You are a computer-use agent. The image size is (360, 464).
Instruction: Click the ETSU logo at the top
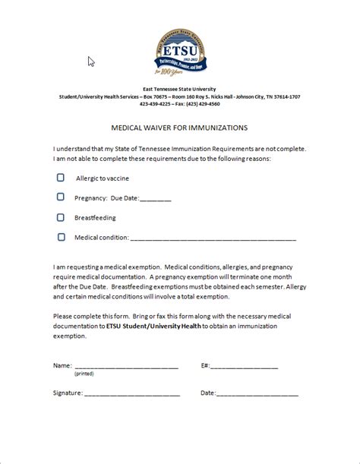(179, 50)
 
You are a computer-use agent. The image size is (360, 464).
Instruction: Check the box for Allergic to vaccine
(61, 178)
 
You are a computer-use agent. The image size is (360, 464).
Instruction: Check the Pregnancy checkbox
(61, 197)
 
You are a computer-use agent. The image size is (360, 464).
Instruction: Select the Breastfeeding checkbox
(61, 217)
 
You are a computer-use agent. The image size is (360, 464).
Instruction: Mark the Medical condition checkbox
(61, 237)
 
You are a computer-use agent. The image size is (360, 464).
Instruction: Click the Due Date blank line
(156, 199)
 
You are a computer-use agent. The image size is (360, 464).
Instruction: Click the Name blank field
(127, 367)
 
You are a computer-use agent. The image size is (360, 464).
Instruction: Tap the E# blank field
(245, 367)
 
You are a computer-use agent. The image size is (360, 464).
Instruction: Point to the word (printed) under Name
(84, 374)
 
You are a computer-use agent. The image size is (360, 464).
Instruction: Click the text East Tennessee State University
(180, 90)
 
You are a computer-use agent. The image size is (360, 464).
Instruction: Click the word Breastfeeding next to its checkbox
(95, 217)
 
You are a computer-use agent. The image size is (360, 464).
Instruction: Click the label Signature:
(68, 393)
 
